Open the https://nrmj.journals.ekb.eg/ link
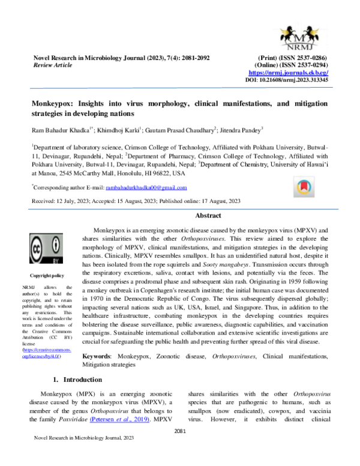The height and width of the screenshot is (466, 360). (290, 72)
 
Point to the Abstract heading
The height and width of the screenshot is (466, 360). (207, 216)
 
